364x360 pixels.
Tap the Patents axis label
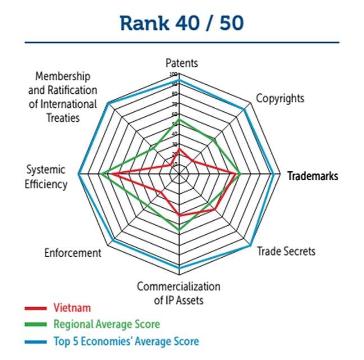[181, 63]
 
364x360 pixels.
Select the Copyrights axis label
[280, 98]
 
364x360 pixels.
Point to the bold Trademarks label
[312, 176]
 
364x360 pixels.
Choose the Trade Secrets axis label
[286, 251]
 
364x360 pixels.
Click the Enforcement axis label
[73, 253]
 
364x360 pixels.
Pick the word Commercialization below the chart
[179, 286]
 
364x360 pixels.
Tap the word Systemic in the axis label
[46, 170]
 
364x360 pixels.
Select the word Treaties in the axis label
[63, 118]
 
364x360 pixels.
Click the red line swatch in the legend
[35, 308]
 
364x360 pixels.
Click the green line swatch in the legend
[35, 324]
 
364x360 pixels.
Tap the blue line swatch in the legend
[35, 341]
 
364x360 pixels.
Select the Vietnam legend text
[72, 308]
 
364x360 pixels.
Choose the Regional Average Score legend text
[106, 324]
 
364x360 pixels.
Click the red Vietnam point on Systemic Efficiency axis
[110, 175]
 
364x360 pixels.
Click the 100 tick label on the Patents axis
[174, 75]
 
